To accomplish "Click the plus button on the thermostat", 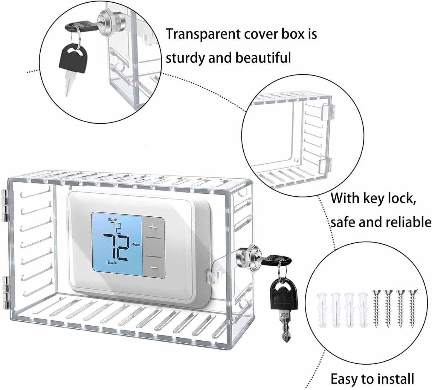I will coord(153,228).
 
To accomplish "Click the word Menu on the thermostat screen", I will coord(136,245).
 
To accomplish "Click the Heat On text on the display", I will coord(113,220).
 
